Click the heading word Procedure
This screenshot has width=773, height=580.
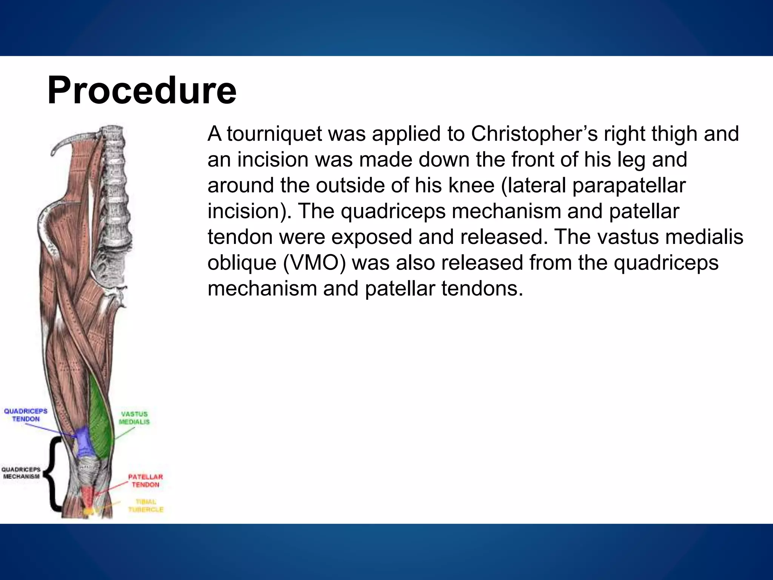142,91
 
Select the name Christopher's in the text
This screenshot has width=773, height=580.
534,134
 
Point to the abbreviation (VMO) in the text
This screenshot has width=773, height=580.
314,263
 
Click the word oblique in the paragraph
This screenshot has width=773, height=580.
242,263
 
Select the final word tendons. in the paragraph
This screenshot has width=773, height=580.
482,289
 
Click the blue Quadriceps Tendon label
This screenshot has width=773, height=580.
26,415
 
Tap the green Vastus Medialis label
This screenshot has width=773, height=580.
134,418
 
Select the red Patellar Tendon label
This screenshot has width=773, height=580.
145,481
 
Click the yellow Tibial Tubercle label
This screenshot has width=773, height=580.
146,506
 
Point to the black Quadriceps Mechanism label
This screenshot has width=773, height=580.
21,473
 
